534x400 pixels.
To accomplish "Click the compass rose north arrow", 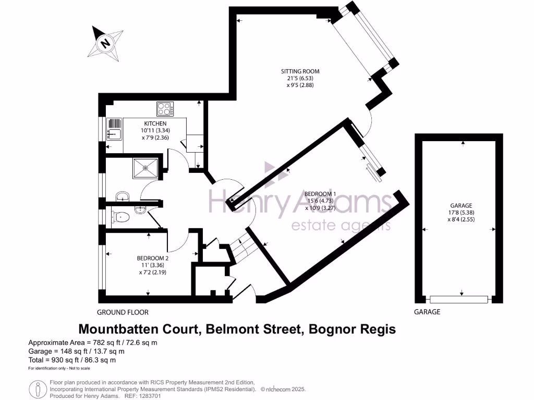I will pyautogui.click(x=106, y=43).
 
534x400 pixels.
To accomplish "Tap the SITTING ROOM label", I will pyautogui.click(x=300, y=71).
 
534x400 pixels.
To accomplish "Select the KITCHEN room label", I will pyautogui.click(x=155, y=123).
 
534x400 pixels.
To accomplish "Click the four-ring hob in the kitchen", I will pyautogui.click(x=165, y=109).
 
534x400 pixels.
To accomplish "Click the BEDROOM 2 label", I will pyautogui.click(x=153, y=258).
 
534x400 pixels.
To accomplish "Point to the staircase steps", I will pyautogui.click(x=240, y=249).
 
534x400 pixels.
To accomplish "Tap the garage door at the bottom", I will pyautogui.click(x=459, y=299).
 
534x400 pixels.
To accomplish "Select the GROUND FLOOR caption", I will pyautogui.click(x=123, y=312).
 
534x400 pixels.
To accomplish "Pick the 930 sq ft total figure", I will pyautogui.click(x=60, y=360).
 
